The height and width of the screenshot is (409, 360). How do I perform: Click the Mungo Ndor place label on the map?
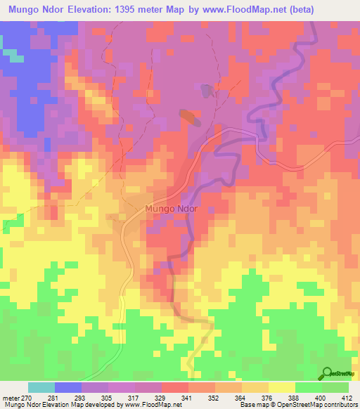(x=171, y=209)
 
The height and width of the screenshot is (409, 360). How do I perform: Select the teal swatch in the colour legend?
(x=41, y=387)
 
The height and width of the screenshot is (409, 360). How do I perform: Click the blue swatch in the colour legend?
(x=68, y=387)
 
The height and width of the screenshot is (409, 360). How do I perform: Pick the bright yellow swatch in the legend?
(x=282, y=387)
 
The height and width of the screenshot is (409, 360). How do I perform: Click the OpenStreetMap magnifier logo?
(x=327, y=372)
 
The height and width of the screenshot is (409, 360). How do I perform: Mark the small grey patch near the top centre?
(x=205, y=91)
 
